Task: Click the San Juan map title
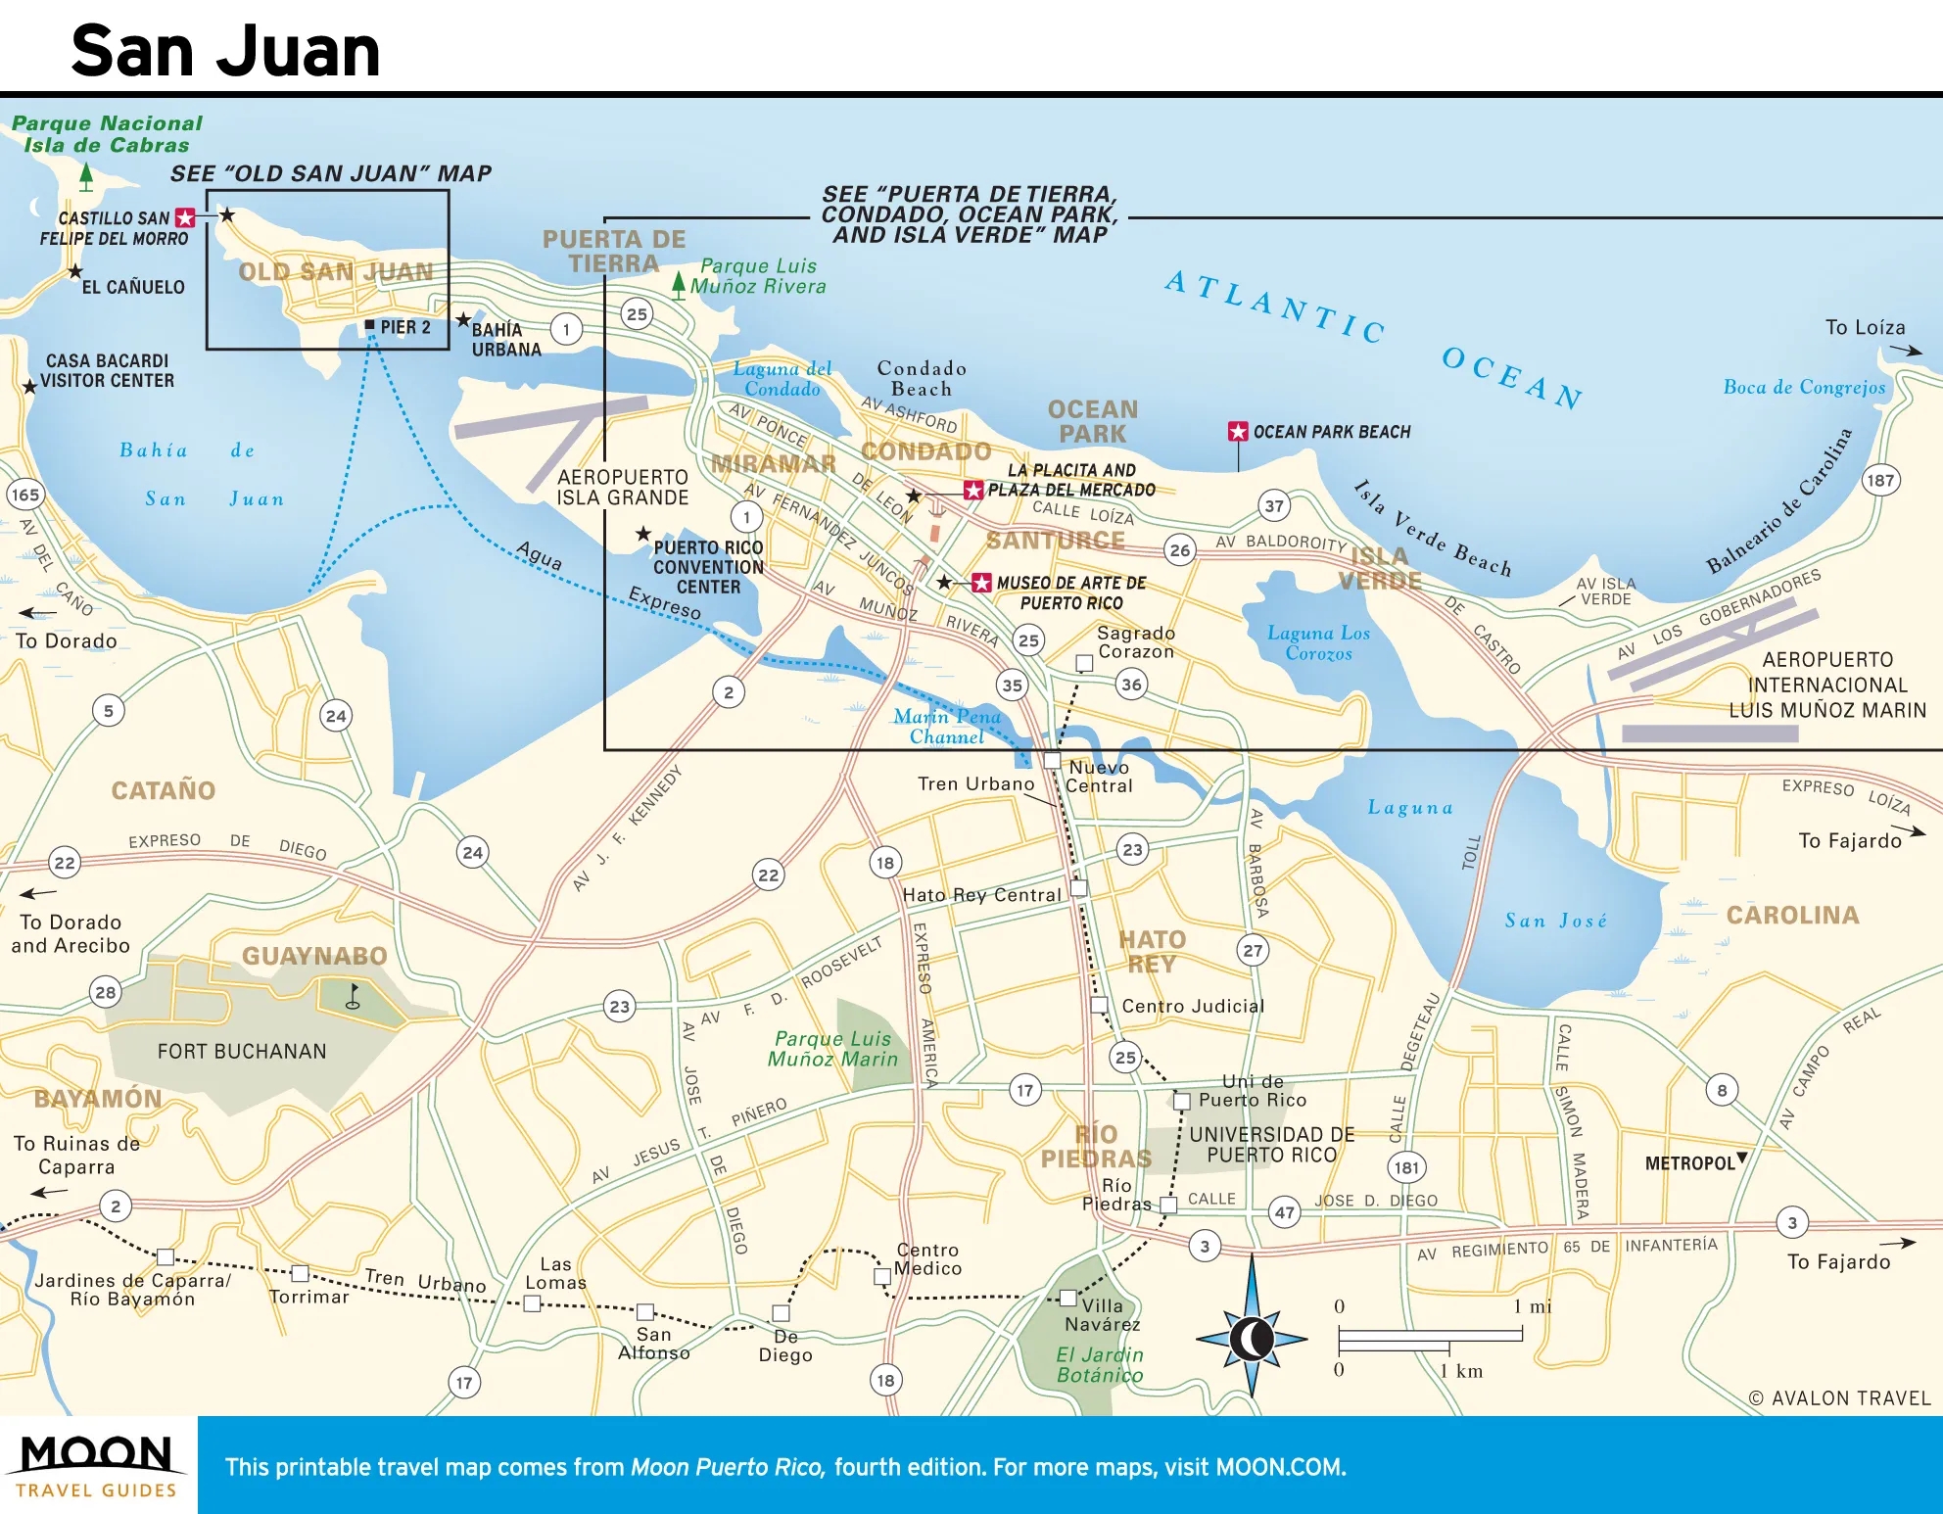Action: point(225,51)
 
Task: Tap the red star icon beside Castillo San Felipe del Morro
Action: point(184,218)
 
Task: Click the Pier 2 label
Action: point(404,327)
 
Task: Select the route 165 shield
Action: point(24,495)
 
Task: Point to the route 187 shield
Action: point(1879,480)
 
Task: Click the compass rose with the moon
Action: point(1251,1338)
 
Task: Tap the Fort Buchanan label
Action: point(242,1052)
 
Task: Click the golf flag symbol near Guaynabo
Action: point(354,997)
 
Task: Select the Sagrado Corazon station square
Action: point(1084,663)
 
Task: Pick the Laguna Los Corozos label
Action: point(1318,643)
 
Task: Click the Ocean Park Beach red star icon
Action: point(1238,432)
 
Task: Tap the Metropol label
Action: point(1689,1163)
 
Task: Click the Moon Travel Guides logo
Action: point(97,1465)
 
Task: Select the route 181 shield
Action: point(1406,1167)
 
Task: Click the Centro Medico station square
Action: point(881,1276)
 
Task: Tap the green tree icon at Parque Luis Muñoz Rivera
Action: point(678,284)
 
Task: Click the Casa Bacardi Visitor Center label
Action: point(108,371)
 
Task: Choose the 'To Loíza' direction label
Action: point(1865,328)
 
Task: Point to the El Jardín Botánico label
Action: point(1099,1365)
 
